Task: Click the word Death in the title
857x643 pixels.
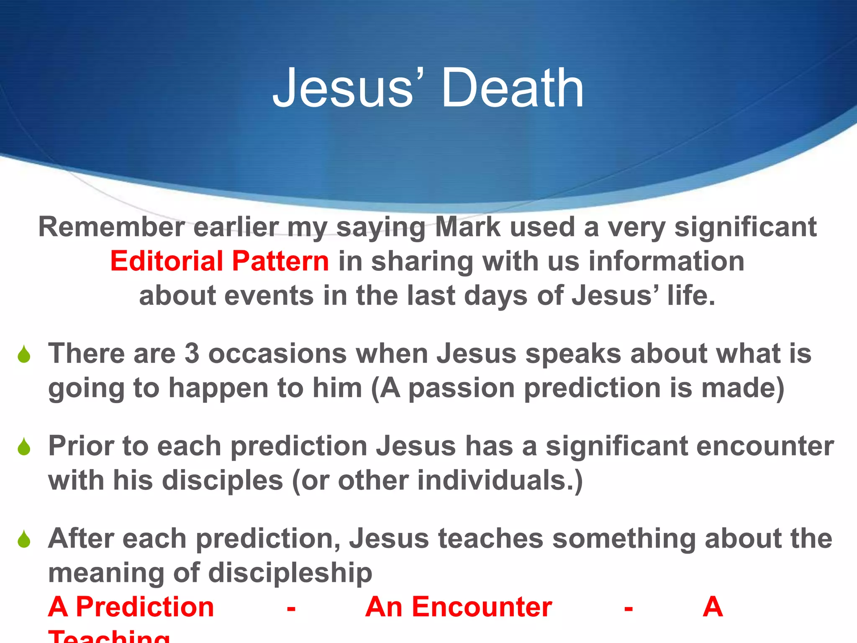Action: coord(512,89)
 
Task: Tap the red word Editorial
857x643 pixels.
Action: coord(167,261)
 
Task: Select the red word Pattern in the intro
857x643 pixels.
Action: coord(280,261)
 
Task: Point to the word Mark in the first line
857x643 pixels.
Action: coord(468,227)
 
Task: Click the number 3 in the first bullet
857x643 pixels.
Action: coord(192,353)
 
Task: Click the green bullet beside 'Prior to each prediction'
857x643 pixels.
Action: coord(24,447)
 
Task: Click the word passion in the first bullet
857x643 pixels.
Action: coord(461,388)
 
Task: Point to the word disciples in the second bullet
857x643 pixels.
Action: coord(223,480)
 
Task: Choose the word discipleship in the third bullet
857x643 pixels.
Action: coord(290,573)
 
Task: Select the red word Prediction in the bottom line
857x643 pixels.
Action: coord(145,607)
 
